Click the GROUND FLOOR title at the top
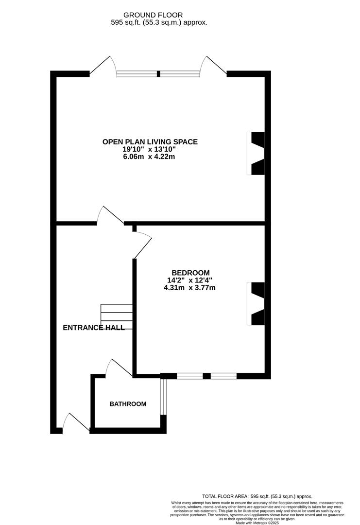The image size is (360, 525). click(x=153, y=16)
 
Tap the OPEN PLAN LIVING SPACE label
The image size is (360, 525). click(x=150, y=142)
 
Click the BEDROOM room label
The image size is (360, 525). click(x=190, y=273)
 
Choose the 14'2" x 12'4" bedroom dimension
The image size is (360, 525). click(x=189, y=280)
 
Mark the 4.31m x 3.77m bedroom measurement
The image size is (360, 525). click(x=189, y=287)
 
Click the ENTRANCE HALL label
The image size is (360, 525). click(x=94, y=328)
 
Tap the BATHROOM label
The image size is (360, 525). click(x=128, y=404)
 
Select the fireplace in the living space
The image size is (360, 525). click(x=257, y=154)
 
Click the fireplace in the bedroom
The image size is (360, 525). click(x=257, y=304)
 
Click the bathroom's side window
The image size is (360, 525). click(x=164, y=396)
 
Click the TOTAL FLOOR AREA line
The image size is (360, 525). click(x=257, y=496)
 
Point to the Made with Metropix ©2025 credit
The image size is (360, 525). click(x=257, y=523)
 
